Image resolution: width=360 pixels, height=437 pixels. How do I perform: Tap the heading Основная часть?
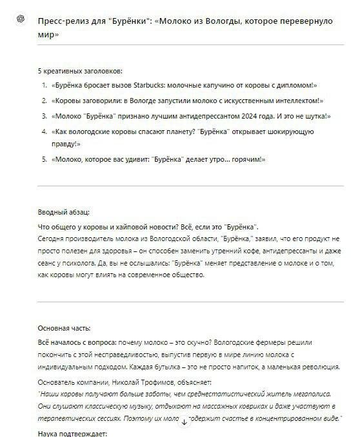(x=64, y=327)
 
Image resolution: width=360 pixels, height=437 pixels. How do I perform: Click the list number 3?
(x=44, y=116)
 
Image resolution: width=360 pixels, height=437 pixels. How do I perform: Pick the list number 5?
(x=44, y=159)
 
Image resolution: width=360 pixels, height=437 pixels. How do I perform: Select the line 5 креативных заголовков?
(x=80, y=70)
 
